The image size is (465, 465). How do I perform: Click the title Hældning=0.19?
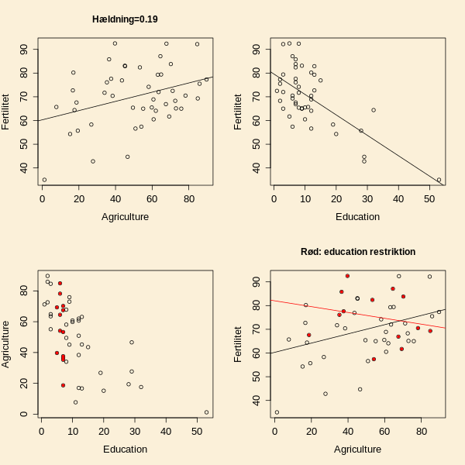point(125,19)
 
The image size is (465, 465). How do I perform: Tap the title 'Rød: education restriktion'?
point(358,252)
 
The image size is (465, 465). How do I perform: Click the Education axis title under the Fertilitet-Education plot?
point(357,216)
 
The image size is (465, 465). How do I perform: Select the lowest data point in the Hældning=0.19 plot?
point(44,180)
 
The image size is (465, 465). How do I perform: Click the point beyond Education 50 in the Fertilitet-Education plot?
point(439,180)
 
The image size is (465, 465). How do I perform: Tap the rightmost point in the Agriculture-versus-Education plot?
point(206,412)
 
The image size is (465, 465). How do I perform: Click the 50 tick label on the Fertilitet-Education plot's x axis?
point(429,199)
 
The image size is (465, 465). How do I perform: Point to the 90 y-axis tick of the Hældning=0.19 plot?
point(26,50)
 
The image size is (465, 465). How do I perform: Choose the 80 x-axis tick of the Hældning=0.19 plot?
point(189,199)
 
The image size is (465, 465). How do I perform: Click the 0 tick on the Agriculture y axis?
point(26,414)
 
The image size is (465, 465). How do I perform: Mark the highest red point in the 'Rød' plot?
point(347,276)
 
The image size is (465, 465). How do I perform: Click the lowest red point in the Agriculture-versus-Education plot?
point(63,385)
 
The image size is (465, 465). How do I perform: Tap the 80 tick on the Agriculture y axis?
point(26,290)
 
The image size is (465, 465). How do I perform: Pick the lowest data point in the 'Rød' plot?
point(277,412)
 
